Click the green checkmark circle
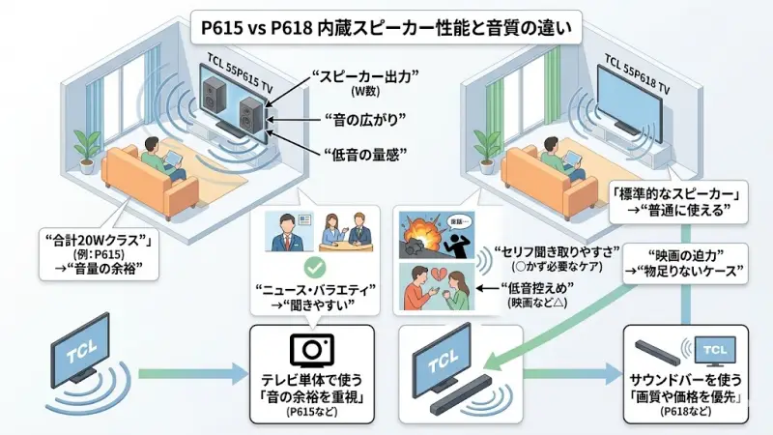[x=312, y=263]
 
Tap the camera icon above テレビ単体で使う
[x=311, y=349]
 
